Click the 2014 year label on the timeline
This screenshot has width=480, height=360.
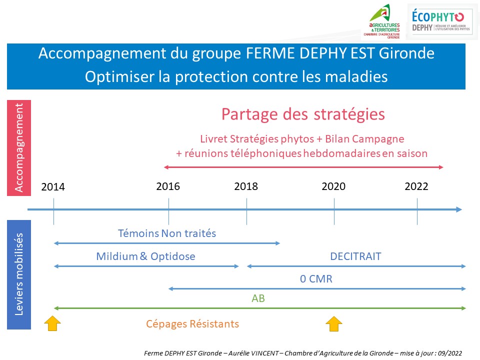pos(53,187)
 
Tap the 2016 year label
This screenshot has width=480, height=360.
pos(168,186)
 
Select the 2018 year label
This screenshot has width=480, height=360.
pos(246,186)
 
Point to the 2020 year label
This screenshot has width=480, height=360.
pos(333,186)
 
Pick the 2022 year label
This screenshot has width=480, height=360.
pos(416,186)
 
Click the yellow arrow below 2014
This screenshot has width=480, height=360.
pos(53,323)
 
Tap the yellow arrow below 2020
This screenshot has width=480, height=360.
pos(334,323)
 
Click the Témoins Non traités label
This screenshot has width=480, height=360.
pos(167,233)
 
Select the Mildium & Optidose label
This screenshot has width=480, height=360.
pos(145,256)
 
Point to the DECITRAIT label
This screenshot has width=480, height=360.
pos(355,256)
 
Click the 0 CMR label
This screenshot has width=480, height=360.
pos(316,279)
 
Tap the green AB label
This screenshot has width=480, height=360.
pos(258,299)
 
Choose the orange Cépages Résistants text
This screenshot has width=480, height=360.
pos(192,324)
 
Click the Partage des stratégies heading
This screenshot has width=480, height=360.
pos(303,114)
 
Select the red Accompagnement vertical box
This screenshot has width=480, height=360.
pos(19,148)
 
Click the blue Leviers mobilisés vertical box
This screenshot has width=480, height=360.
pos(19,274)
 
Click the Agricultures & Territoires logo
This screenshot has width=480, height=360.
pos(384,22)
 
